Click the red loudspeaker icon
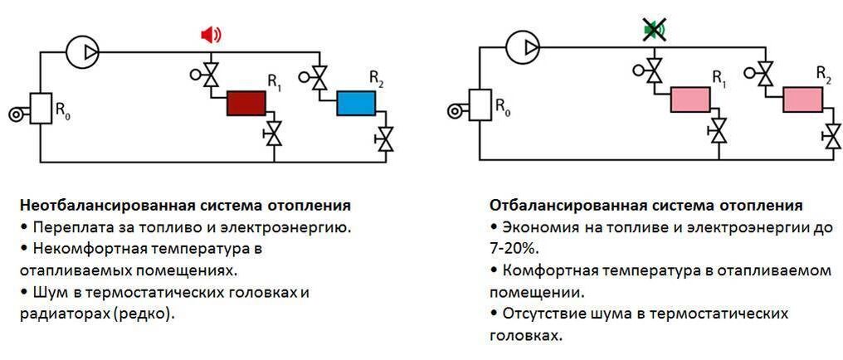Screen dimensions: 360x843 pyautogui.click(x=211, y=35)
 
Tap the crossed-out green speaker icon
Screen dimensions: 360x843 pyautogui.click(x=654, y=32)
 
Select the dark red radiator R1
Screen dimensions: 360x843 pyautogui.click(x=246, y=104)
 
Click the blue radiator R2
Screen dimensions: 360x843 pyautogui.click(x=357, y=103)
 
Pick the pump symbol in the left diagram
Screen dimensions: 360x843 pyautogui.click(x=82, y=51)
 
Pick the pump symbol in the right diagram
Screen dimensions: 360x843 pyautogui.click(x=521, y=46)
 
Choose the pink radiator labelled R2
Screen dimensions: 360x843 pyautogui.click(x=802, y=99)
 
